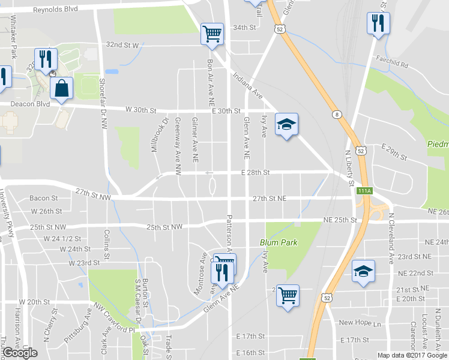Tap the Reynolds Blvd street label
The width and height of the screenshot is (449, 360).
point(55,10)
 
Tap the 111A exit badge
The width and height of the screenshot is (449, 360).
point(364,190)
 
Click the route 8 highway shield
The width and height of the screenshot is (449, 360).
point(337,114)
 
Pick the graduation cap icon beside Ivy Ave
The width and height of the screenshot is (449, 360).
point(286,125)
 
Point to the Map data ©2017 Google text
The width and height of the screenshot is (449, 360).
point(412,355)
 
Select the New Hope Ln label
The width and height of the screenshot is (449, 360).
point(360,323)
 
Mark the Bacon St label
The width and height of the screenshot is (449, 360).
point(43,198)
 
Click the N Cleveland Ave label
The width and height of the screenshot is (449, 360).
point(390,238)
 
